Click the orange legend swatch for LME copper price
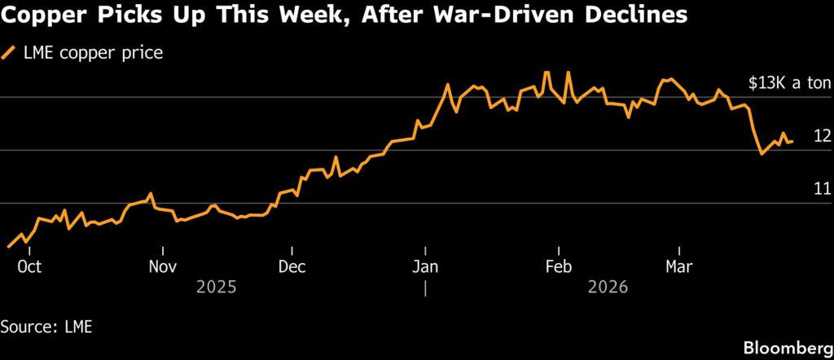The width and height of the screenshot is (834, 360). coord(10,54)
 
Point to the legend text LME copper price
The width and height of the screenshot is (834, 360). coord(92,54)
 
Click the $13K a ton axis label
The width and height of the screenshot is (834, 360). coord(789,83)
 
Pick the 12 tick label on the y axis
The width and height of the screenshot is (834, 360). coord(822,136)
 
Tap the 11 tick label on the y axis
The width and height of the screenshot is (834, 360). coord(822,189)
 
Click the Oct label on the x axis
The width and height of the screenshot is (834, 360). coord(29,266)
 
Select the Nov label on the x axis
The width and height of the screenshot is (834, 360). coord(163,266)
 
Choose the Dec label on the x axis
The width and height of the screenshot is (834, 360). coord(292,266)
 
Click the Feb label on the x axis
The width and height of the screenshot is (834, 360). coord(559,266)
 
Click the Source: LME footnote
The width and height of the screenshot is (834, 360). coord(46,327)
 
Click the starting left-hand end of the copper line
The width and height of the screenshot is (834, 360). coord(8,246)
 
